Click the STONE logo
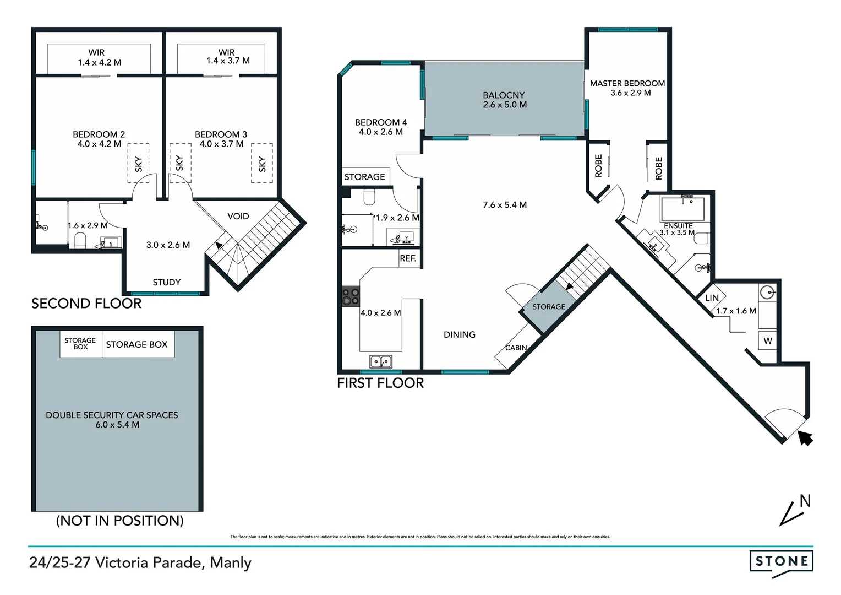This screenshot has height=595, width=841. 781,562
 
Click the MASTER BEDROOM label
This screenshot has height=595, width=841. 627,84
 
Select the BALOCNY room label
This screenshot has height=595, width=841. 504,95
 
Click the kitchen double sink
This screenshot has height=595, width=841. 380,361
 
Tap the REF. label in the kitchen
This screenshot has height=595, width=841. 408,258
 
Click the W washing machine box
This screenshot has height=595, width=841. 767,341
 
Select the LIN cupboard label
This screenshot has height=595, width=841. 712,298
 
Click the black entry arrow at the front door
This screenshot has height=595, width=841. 805,437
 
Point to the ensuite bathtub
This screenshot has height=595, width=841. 682,209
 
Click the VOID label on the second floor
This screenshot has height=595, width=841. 238,217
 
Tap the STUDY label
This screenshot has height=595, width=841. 167,282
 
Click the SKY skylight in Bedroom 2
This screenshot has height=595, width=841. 138,163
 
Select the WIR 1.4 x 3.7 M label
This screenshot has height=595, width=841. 227,57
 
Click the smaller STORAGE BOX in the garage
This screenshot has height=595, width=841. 80,344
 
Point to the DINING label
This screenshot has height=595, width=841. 460,334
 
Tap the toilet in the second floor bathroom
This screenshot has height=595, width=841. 80,240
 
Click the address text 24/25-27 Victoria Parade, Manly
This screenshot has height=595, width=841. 140,562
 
